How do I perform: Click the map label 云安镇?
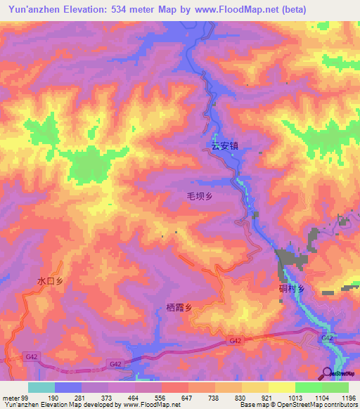pyautogui.click(x=226, y=148)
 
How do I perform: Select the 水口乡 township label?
pyautogui.click(x=51, y=280)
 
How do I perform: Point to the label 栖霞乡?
pyautogui.click(x=179, y=306)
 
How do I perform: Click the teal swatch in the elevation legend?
pyautogui.click(x=41, y=387)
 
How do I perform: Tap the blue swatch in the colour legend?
pyautogui.click(x=68, y=387)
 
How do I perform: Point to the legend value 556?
pyautogui.click(x=161, y=398)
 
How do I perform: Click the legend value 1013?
pyautogui.click(x=294, y=398)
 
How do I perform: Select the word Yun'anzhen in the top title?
pyautogui.click(x=34, y=8)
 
